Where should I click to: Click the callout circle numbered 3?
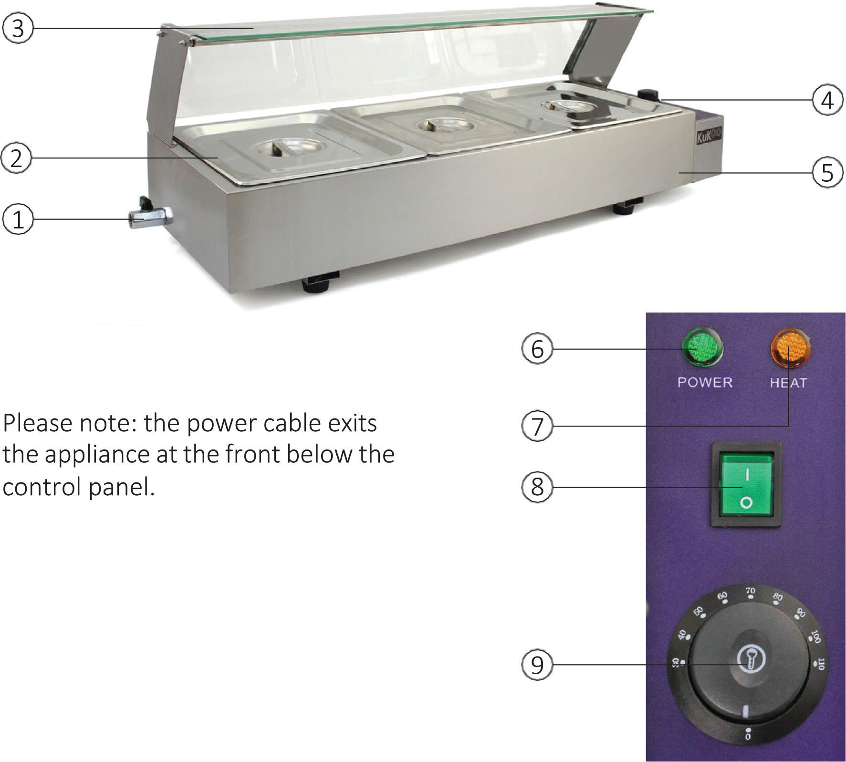click(x=18, y=29)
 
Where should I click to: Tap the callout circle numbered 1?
click(x=18, y=220)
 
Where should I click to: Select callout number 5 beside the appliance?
click(x=827, y=172)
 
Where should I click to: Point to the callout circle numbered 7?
click(x=537, y=426)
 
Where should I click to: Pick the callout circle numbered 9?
click(x=537, y=664)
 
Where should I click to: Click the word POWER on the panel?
click(x=705, y=382)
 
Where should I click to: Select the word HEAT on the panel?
click(x=788, y=383)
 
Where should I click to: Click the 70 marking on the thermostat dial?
click(x=751, y=591)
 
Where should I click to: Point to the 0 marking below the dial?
click(x=748, y=737)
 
